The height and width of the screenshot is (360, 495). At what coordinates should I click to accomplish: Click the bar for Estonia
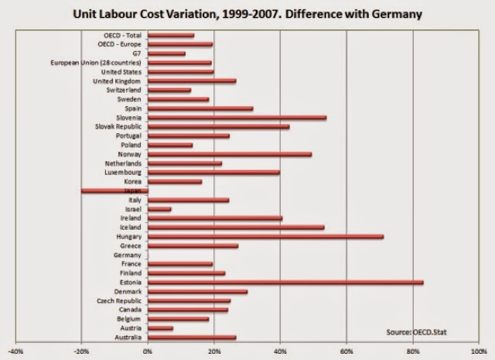pos(285,282)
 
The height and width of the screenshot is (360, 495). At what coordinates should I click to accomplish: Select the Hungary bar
pos(265,237)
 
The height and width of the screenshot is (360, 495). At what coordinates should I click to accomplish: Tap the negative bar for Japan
pos(114,190)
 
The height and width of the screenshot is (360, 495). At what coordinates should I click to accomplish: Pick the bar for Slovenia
pos(237,118)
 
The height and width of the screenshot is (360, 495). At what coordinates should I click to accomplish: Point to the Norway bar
pos(229,154)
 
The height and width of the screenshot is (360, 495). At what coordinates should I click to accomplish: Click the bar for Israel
pos(159,209)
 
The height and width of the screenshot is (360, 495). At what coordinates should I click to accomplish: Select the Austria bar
pos(160,327)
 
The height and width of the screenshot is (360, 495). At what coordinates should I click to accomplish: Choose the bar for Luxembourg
pos(213,172)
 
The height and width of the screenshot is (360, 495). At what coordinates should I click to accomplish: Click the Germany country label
pos(128,255)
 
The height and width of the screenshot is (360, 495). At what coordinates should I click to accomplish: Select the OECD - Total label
pos(122,36)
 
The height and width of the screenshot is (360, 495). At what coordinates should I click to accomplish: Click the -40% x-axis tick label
pos(15,351)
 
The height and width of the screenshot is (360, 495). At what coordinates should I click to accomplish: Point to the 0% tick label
pos(148,351)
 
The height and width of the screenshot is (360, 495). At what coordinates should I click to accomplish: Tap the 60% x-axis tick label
pos(346,351)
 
